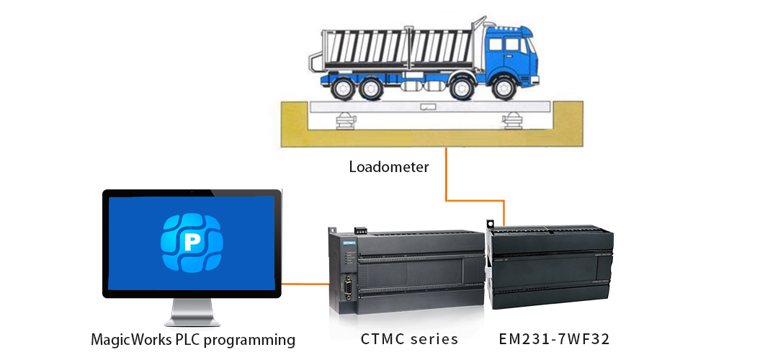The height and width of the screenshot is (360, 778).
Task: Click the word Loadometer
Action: pos(388,167)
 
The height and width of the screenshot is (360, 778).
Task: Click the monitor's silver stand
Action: pos(192,314)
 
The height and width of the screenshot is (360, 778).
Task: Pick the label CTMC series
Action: pos(409,338)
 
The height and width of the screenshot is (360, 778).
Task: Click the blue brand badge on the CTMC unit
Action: pos(350,245)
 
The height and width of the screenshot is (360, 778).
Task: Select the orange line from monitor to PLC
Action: pos(303,284)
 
